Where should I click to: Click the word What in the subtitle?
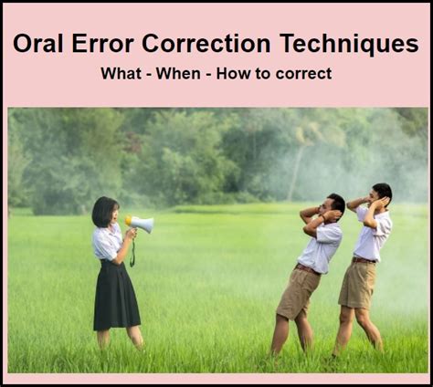coord(121,73)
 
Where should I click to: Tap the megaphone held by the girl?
coord(141,224)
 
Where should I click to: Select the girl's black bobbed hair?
coord(103,211)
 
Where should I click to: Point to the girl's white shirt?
coord(108,243)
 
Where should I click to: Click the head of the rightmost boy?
coord(381,194)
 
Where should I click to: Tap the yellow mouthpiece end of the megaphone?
coord(130,220)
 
